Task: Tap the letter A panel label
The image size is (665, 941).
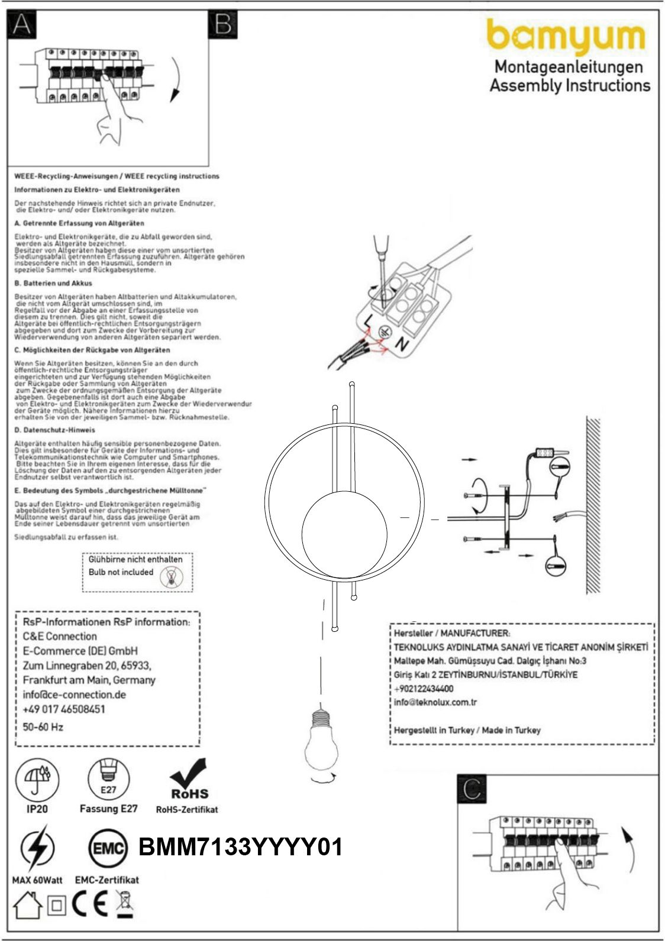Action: [21, 25]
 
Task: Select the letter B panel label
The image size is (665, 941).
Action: [222, 25]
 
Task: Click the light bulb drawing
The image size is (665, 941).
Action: [321, 742]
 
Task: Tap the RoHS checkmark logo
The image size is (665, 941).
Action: [189, 779]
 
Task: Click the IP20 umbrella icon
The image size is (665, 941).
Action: [37, 777]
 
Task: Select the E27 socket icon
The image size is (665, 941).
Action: [108, 777]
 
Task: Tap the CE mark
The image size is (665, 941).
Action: [90, 904]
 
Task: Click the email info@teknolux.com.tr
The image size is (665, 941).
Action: [435, 702]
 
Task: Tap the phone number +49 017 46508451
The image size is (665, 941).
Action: [64, 709]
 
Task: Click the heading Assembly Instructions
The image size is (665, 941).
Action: [570, 85]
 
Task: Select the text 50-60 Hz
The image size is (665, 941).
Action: [43, 727]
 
